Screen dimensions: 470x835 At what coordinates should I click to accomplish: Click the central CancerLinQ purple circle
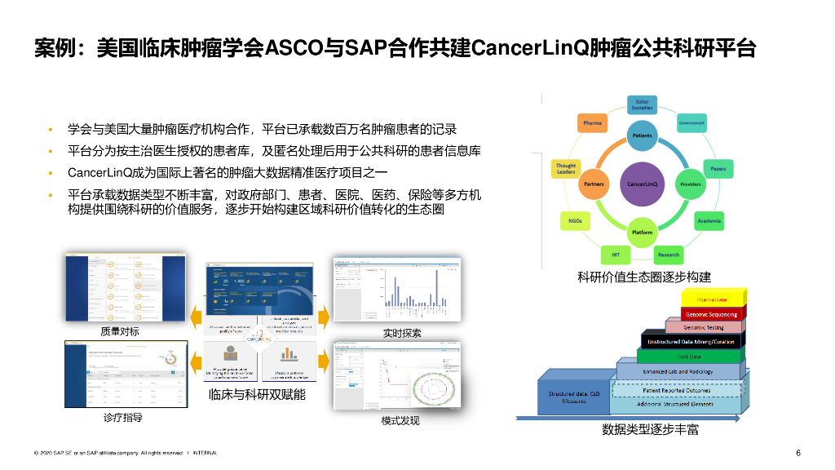coord(642,184)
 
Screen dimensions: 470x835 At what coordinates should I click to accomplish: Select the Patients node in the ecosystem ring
coord(642,135)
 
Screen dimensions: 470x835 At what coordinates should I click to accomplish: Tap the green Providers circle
coord(691,184)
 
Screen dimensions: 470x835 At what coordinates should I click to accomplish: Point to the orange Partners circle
coord(593,184)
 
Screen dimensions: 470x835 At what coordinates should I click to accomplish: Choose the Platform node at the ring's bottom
coord(642,233)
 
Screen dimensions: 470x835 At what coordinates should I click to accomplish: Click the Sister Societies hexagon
coord(642,104)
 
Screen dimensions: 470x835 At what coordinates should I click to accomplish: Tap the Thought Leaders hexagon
coord(566,169)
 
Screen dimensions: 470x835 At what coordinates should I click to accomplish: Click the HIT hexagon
coord(616,255)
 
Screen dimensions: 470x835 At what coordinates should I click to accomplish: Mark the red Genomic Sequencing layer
coord(711,314)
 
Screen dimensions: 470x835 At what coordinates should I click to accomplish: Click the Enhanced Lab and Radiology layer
coord(678,371)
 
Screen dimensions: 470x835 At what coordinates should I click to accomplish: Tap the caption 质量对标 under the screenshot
coord(120,331)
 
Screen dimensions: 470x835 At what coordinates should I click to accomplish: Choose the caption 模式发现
coord(400,420)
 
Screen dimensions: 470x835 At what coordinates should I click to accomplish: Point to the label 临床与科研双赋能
coord(257,394)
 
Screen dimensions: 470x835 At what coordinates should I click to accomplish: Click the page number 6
coord(798,453)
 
